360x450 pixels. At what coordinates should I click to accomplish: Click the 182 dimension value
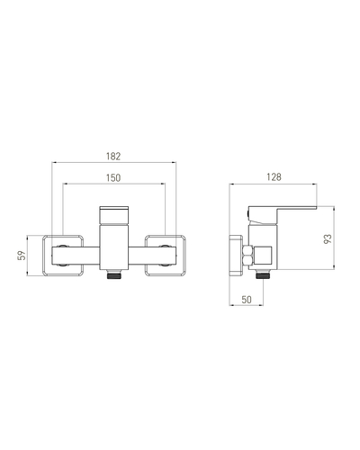click(113, 157)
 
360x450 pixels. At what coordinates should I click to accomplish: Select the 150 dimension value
click(113, 178)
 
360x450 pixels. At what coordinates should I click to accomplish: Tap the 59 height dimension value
click(22, 256)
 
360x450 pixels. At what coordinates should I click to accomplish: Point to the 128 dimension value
click(274, 177)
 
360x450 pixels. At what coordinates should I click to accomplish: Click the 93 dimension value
click(328, 238)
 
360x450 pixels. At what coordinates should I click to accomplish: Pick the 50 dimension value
click(247, 300)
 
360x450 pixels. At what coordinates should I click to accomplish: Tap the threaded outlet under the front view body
click(114, 274)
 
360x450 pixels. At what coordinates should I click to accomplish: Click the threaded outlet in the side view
click(264, 274)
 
